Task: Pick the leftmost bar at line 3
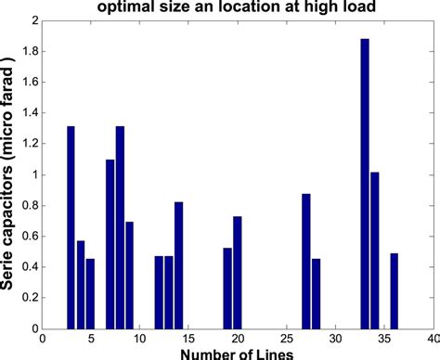(71, 227)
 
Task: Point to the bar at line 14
(178, 265)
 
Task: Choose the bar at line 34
(374, 251)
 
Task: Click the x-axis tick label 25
(286, 338)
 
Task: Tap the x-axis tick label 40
(433, 338)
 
